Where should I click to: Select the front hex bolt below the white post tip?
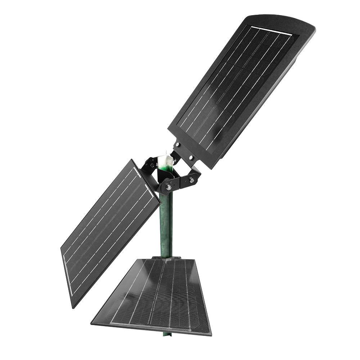click(168, 187)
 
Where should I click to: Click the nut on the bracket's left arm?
click(152, 165)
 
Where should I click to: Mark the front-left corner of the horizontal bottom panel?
click(91, 323)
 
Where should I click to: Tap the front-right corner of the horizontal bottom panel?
click(211, 334)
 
